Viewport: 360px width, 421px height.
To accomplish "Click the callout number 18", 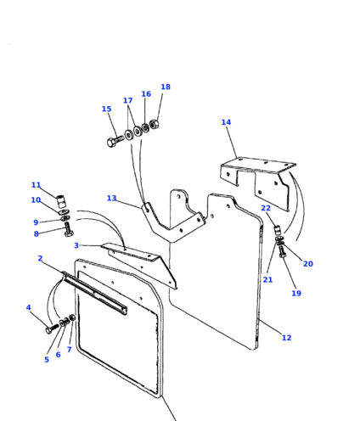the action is click(166, 87).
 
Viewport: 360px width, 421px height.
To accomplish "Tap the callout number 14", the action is click(226, 122).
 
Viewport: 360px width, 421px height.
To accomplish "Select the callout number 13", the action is click(111, 198).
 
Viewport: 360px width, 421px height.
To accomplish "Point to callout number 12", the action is click(286, 338).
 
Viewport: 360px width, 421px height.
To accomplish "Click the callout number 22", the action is click(266, 208).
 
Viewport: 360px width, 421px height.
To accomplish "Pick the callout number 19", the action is click(296, 293).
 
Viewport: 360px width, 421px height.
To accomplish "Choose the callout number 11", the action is click(36, 185).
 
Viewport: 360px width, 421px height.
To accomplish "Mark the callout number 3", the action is click(76, 245).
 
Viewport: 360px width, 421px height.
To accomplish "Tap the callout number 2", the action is click(40, 258).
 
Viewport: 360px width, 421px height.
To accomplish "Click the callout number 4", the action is click(28, 307).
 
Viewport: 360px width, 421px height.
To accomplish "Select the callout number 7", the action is click(69, 350).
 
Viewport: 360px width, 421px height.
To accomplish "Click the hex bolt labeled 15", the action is click(115, 140).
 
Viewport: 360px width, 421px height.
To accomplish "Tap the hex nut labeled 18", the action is click(155, 124).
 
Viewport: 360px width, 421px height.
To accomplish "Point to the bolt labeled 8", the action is click(69, 229).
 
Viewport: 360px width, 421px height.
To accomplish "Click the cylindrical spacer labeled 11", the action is click(60, 200).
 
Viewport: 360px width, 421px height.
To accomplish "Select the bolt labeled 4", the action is click(52, 328).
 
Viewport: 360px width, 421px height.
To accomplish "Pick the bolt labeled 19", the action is click(282, 251).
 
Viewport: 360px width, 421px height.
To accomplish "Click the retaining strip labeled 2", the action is click(94, 294).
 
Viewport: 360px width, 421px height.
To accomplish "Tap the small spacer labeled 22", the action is click(277, 229).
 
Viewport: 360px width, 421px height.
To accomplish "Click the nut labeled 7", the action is click(72, 317).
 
